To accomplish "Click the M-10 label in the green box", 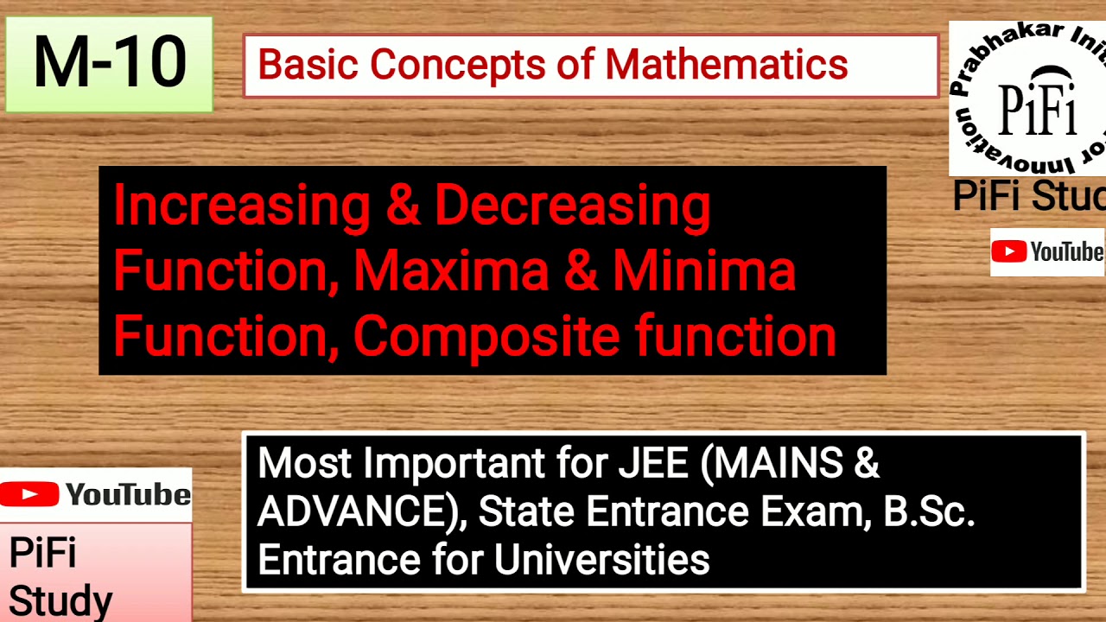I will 109,63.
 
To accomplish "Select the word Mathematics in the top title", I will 726,65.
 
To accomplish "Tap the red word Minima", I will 703,270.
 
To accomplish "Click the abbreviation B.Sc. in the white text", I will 929,512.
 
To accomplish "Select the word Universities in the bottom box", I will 601,560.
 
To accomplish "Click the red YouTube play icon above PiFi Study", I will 29,494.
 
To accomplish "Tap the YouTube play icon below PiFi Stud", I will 1008,251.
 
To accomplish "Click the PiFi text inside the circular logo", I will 1037,111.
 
